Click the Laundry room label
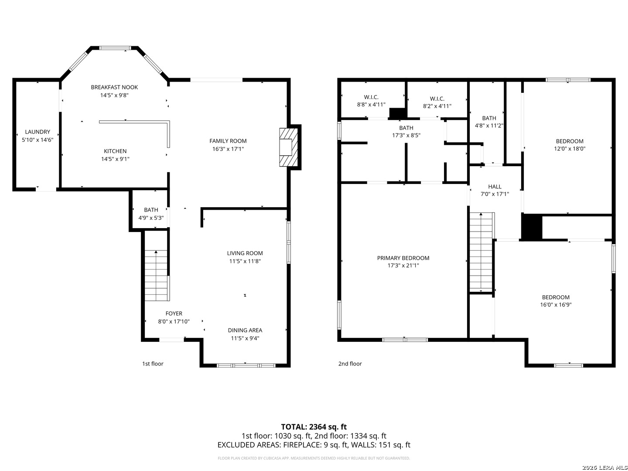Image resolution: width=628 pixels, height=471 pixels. (38, 132)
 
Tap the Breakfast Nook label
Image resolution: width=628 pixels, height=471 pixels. (114, 87)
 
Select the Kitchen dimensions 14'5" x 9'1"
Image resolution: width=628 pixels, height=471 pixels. (115, 159)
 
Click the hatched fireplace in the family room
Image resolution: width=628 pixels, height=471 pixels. (289, 147)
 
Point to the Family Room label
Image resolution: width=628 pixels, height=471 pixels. (228, 141)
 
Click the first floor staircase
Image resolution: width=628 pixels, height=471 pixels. (156, 275)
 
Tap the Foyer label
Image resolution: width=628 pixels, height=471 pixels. (174, 314)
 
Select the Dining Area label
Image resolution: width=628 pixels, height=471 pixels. (245, 330)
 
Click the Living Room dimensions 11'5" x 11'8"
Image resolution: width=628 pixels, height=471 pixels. (245, 261)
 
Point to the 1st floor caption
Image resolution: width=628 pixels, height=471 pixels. (153, 364)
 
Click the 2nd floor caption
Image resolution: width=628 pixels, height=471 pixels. (350, 364)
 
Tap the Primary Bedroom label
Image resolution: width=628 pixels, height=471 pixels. (403, 258)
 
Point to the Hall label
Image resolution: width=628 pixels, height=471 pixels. (495, 187)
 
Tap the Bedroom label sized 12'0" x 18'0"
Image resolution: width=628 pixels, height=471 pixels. (570, 141)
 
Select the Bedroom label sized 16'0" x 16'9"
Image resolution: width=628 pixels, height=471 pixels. (556, 297)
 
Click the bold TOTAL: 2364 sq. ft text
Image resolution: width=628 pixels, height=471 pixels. (314, 427)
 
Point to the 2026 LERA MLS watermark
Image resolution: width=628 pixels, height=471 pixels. (604, 468)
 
